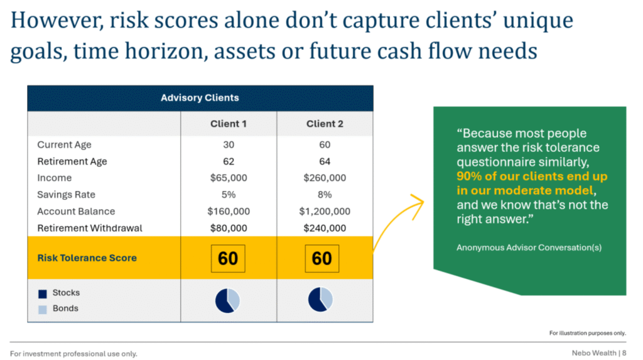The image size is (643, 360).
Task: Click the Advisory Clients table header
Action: click(200, 98)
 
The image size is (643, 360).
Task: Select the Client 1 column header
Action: click(229, 124)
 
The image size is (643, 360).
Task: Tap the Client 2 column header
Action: click(325, 124)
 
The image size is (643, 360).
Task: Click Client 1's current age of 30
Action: click(229, 145)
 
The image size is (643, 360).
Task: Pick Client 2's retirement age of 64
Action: click(325, 161)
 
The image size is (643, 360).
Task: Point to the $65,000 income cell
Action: click(229, 178)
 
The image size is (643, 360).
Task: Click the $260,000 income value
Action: click(325, 178)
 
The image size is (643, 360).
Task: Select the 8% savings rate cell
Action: click(325, 195)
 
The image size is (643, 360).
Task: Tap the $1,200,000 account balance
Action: click(325, 211)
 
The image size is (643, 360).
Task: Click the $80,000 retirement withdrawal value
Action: click(229, 228)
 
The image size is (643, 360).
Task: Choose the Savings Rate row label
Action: click(66, 195)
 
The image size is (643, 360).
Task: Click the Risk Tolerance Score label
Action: click(87, 258)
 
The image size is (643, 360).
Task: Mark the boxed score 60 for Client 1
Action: click(228, 259)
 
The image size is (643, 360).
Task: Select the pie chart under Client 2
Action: click(320, 299)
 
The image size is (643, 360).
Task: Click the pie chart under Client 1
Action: click(227, 300)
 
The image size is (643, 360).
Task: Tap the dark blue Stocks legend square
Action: click(43, 294)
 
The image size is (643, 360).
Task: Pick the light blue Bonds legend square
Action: click(43, 310)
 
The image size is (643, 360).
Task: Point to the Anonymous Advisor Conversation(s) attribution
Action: click(529, 248)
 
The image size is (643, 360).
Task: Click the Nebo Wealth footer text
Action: click(594, 353)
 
